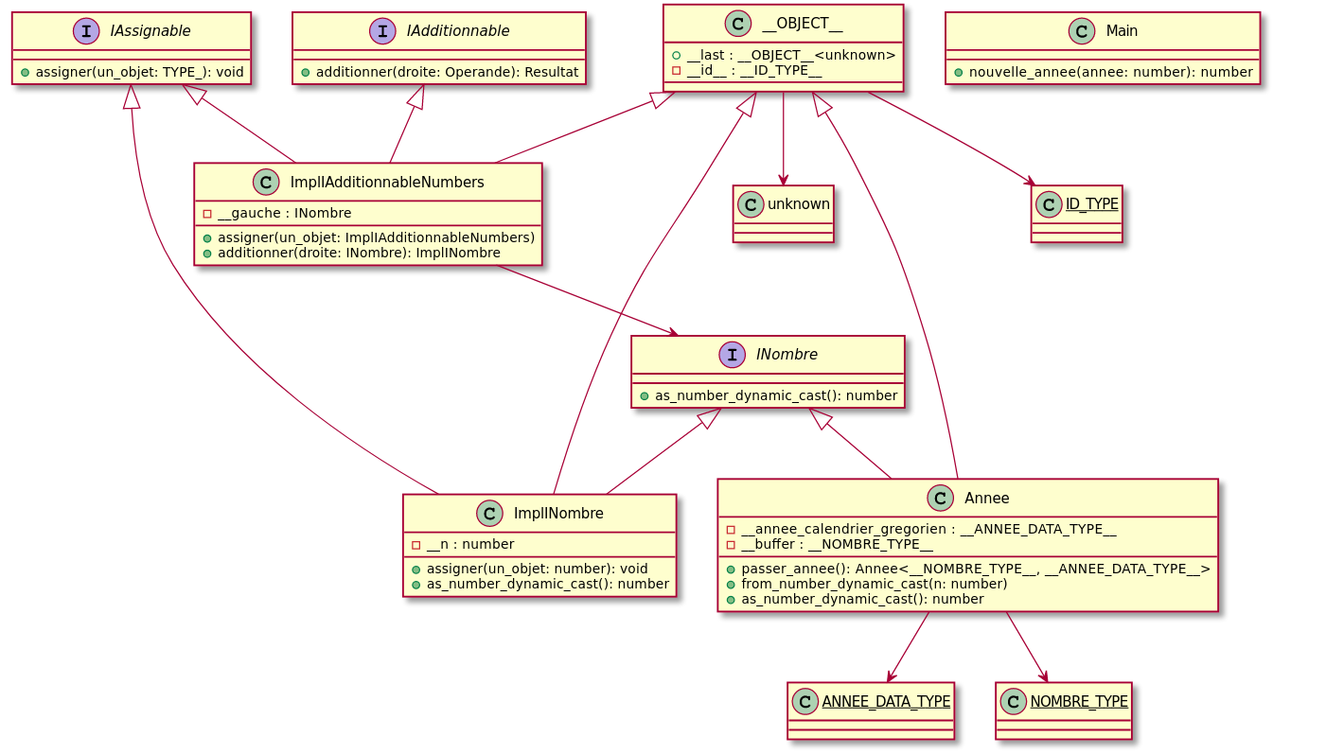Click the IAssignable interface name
coord(150,31)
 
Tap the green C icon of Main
coord(1082,31)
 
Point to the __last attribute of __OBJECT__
coord(784,54)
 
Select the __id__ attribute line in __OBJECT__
coord(748,70)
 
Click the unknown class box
coord(783,213)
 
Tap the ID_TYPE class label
coord(1091,203)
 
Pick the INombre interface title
coord(787,355)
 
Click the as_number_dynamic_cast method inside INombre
coord(769,395)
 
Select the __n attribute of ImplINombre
coord(463,544)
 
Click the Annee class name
coord(986,498)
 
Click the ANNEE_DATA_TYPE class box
coord(871,710)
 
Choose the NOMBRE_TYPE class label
coord(1078,701)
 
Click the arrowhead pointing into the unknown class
coord(784,180)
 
